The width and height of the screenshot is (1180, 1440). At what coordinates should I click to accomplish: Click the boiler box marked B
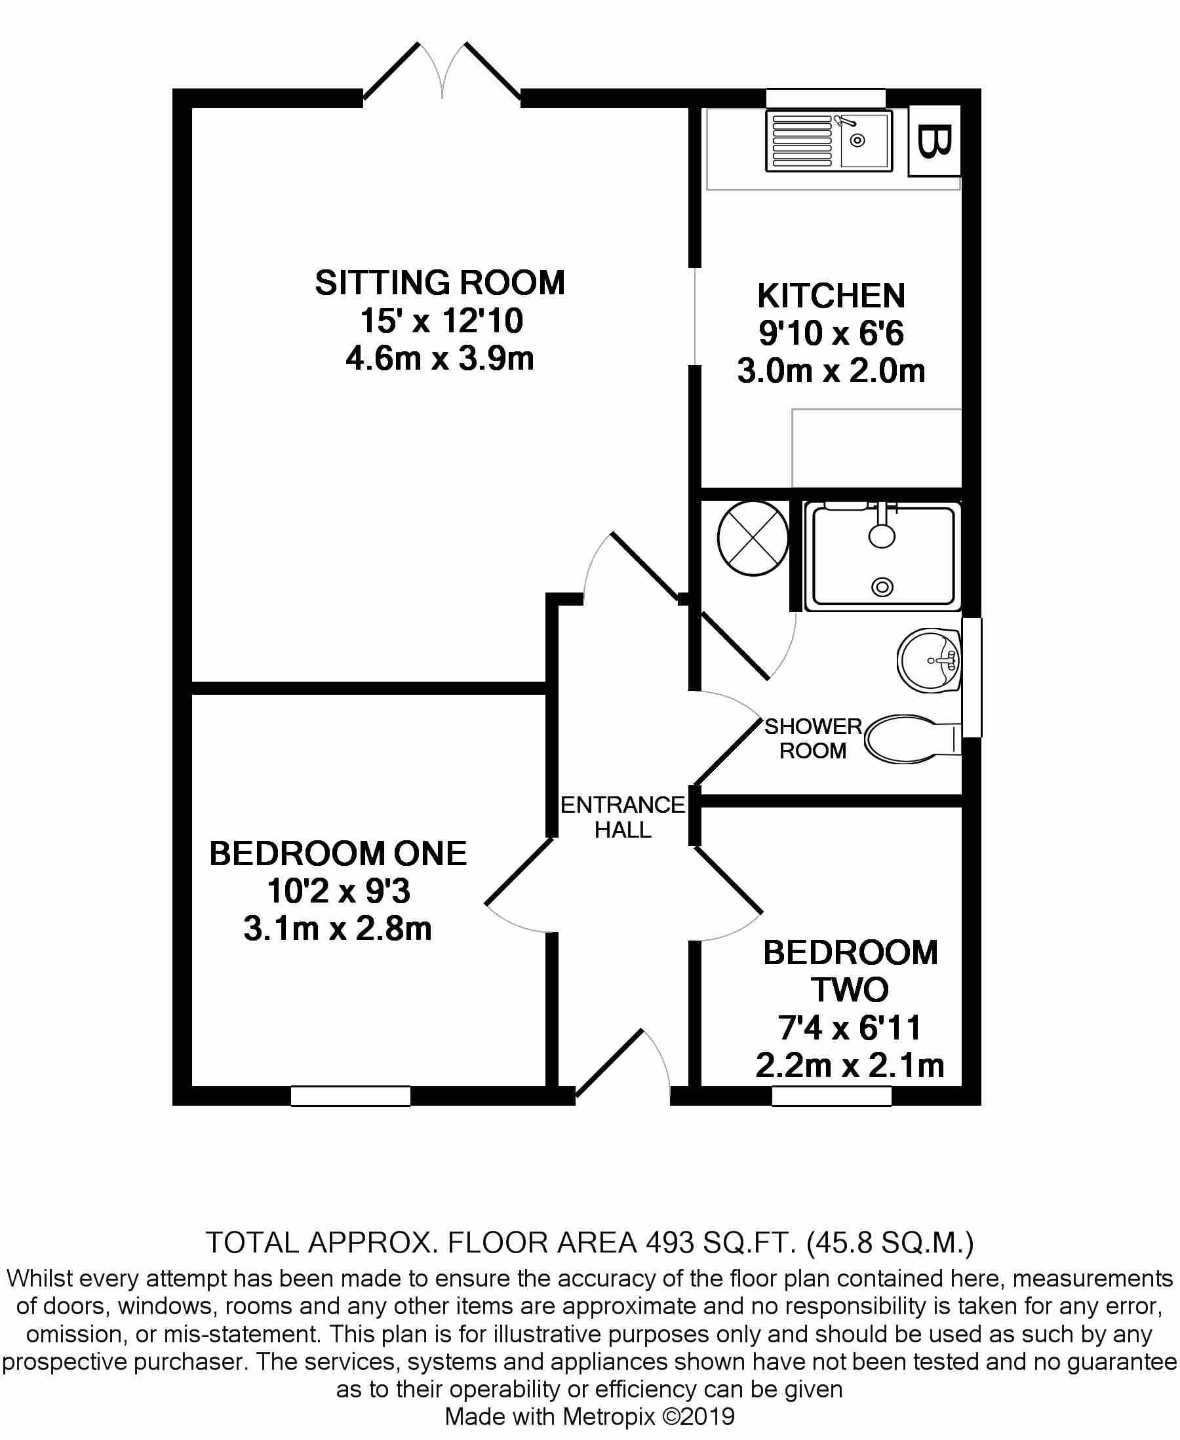point(935,141)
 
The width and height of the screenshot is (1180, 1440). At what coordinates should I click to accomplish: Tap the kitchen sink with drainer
point(829,142)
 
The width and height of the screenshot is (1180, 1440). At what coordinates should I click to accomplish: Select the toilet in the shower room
point(911,739)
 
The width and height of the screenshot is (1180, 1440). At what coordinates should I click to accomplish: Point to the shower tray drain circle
point(882,586)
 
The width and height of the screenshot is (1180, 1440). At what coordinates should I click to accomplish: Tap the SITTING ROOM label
point(440,282)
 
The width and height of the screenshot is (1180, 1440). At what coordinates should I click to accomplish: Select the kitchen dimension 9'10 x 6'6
point(831,334)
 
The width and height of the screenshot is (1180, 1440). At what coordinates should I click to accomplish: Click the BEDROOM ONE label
point(338,854)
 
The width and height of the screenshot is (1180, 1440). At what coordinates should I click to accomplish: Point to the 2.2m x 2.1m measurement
point(850,1066)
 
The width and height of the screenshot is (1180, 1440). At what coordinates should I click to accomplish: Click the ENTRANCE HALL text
point(623,817)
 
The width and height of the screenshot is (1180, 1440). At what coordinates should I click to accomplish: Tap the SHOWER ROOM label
point(813,739)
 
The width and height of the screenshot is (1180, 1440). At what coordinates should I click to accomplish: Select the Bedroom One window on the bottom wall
point(351,1096)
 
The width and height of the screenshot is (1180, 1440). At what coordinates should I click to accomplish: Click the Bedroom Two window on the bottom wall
point(831,1096)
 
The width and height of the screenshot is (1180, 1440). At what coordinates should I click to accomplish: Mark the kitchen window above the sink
point(825,98)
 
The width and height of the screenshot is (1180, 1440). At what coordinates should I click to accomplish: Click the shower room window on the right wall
point(972,677)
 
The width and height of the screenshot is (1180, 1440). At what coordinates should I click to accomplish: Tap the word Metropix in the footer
point(608,1416)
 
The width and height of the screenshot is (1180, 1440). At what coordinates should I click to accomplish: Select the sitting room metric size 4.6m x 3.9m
point(440,358)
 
